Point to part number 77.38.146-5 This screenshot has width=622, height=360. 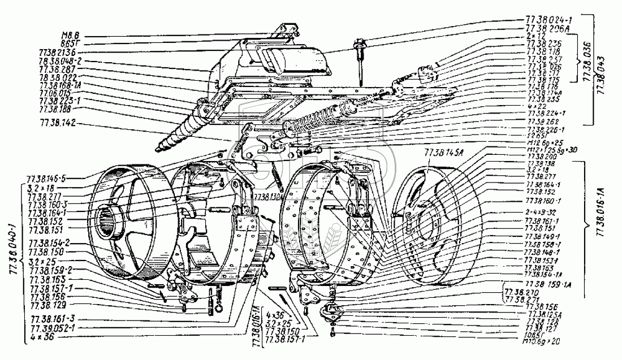tap(61, 178)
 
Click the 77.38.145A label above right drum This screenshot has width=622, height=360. tap(442, 152)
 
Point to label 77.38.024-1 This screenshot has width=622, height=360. tap(544, 20)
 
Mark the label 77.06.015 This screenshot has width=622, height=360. tap(55, 93)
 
